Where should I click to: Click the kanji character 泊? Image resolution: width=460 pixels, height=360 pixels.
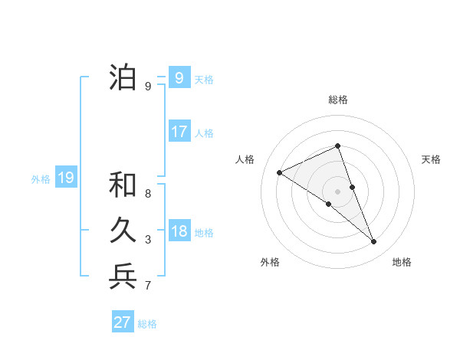tap(123, 78)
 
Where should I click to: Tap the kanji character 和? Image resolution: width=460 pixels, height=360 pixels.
tap(123, 185)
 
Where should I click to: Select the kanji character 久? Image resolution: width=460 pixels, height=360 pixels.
tap(123, 231)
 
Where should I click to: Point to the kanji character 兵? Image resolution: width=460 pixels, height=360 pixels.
tap(123, 277)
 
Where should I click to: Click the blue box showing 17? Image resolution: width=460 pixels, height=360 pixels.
tap(179, 132)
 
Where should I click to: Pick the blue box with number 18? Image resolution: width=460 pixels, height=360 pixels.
tap(179, 231)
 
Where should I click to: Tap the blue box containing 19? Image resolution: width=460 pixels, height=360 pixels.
tap(65, 178)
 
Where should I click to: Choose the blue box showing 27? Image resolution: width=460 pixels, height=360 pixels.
tap(123, 322)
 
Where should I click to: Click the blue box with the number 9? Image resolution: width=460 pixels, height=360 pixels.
tap(179, 78)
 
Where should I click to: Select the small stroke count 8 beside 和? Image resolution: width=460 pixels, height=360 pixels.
tap(148, 194)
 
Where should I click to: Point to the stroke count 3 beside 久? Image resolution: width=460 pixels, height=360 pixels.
tap(148, 240)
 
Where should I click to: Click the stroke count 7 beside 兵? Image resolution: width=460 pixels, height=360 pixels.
tap(148, 286)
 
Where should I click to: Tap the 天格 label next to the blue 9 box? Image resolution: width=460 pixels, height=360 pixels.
tap(204, 79)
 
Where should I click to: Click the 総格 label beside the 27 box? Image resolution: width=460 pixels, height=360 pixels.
tap(147, 324)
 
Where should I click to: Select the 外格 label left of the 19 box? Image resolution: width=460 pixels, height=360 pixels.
tap(41, 179)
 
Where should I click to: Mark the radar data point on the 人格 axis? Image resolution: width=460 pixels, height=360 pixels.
tap(280, 173)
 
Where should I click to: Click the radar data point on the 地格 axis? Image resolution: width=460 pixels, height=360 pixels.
tap(374, 242)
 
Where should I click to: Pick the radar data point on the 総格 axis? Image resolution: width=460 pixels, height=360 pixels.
tap(337, 146)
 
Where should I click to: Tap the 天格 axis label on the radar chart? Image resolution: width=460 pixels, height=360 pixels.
tap(431, 159)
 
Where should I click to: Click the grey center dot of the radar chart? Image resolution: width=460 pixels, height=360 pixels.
tap(337, 191)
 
